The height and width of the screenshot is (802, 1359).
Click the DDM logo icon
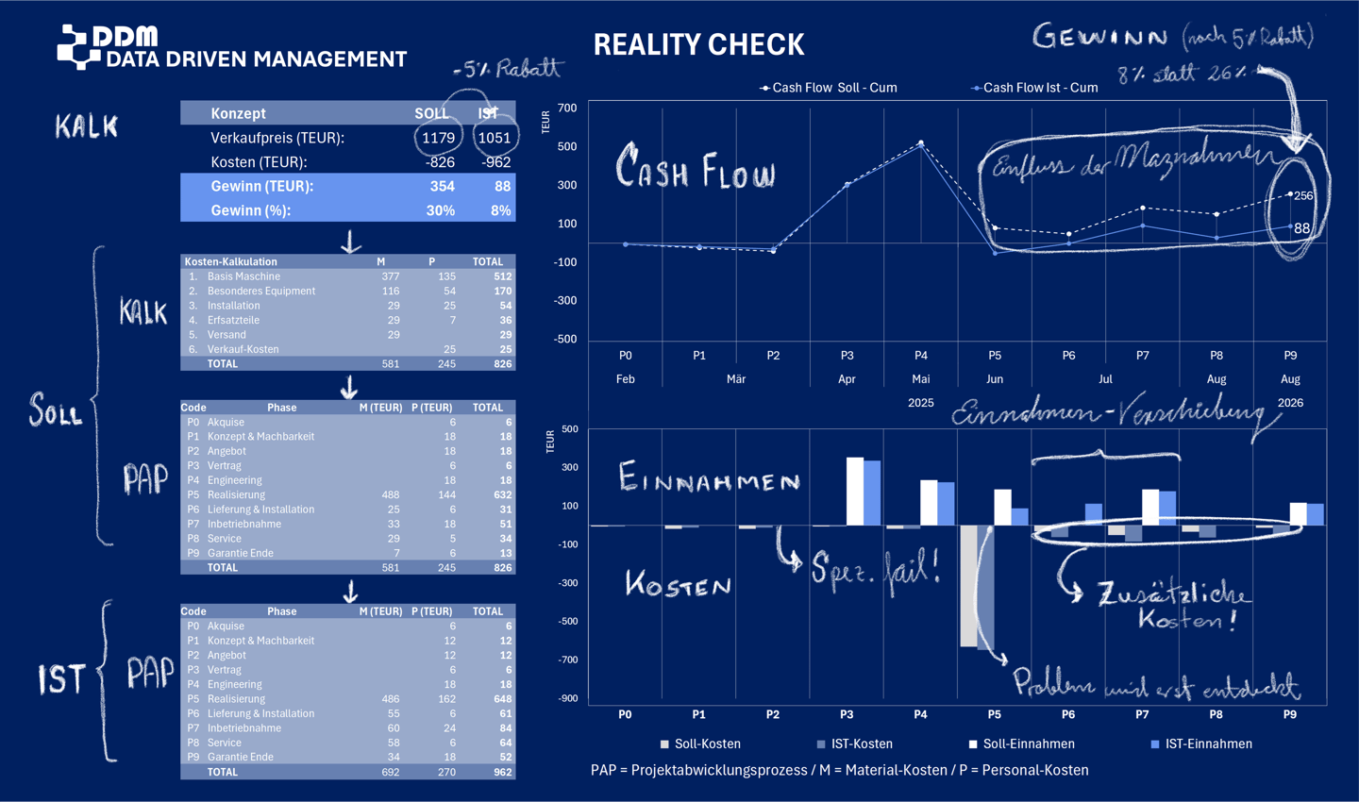(x=76, y=46)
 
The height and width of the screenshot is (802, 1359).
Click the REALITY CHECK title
(x=698, y=44)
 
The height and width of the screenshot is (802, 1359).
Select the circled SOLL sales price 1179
(x=438, y=138)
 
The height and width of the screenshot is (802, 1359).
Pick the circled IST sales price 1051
(x=494, y=138)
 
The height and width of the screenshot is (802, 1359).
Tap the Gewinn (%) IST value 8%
(x=501, y=210)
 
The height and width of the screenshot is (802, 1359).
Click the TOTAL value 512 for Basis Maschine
(x=502, y=276)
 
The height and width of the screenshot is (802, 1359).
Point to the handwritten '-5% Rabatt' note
(x=507, y=69)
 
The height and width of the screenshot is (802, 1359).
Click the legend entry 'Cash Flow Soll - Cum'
(x=829, y=88)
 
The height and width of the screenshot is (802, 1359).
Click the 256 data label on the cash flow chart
(x=1303, y=195)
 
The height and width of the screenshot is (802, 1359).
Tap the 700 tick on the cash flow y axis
(x=566, y=109)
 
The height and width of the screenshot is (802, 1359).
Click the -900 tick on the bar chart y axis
(x=567, y=698)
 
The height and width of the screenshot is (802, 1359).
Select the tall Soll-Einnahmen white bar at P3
(x=855, y=491)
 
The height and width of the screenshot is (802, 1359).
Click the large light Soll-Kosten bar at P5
(x=968, y=585)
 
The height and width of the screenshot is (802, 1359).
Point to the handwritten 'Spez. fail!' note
(x=875, y=569)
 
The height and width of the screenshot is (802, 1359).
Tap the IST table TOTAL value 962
(x=502, y=772)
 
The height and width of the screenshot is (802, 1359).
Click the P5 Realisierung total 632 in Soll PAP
(x=502, y=494)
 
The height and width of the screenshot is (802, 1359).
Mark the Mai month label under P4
(x=920, y=378)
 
